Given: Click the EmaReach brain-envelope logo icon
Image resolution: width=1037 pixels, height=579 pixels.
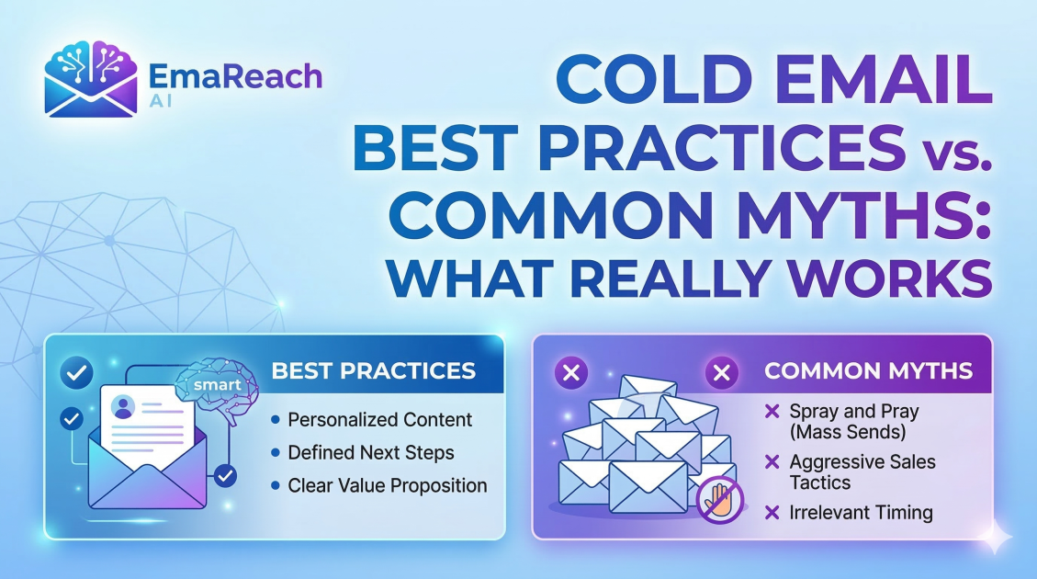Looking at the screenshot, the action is pyautogui.click(x=91, y=79).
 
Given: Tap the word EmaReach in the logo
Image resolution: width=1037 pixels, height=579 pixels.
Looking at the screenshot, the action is pyautogui.click(x=235, y=77).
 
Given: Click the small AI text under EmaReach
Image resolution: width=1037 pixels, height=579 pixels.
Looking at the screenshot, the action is pyautogui.click(x=161, y=101).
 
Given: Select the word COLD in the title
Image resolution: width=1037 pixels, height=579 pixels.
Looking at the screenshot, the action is pyautogui.click(x=655, y=78).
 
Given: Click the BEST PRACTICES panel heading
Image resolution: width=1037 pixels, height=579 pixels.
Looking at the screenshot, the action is pyautogui.click(x=374, y=370).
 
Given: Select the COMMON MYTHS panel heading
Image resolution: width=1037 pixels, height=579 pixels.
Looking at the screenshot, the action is pyautogui.click(x=868, y=370).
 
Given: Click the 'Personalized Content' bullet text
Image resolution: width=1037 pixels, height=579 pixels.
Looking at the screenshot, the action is pyautogui.click(x=379, y=419).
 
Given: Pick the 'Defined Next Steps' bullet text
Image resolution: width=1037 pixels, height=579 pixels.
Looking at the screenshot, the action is pyautogui.click(x=371, y=452).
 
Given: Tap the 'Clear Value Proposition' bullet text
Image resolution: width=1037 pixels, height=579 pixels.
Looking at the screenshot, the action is pyautogui.click(x=388, y=485).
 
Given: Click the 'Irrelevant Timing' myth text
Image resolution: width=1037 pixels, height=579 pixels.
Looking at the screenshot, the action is pyautogui.click(x=861, y=512).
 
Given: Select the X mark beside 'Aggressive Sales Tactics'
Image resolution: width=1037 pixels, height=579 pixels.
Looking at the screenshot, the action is pyautogui.click(x=772, y=462).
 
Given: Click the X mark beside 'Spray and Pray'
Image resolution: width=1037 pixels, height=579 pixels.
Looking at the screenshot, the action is pyautogui.click(x=772, y=412).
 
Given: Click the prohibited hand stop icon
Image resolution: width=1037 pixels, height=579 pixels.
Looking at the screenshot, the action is pyautogui.click(x=720, y=500).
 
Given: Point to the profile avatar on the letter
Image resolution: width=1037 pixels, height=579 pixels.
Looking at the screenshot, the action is pyautogui.click(x=124, y=406).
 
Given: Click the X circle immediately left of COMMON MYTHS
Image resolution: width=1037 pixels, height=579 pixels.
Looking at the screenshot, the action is pyautogui.click(x=722, y=372).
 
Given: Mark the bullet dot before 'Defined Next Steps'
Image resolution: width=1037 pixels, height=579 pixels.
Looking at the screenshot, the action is pyautogui.click(x=276, y=452).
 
